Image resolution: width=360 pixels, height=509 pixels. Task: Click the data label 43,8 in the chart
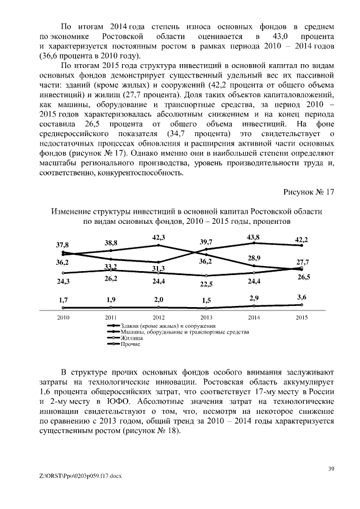253,237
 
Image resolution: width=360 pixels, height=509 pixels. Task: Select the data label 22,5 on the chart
206,284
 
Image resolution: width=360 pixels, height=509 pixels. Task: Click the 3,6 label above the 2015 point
301,296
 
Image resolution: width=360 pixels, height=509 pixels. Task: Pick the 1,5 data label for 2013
206,300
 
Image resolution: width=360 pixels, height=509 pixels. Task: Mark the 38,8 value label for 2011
111,242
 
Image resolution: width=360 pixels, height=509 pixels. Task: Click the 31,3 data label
158,269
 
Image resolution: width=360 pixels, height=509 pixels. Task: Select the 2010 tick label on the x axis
63,318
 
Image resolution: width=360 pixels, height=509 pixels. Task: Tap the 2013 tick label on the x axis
206,318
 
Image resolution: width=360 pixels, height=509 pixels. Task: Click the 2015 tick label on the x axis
301,318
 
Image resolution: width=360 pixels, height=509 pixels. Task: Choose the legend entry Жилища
130,339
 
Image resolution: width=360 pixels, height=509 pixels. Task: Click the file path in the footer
78,476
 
